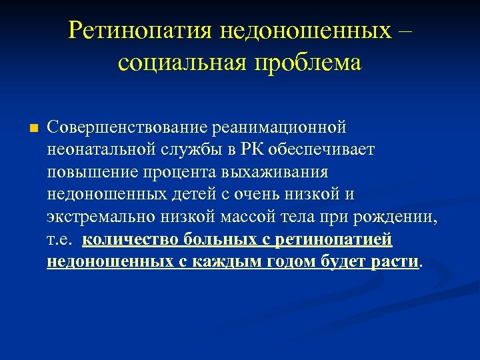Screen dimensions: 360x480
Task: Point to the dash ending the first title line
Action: coord(405,31)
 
